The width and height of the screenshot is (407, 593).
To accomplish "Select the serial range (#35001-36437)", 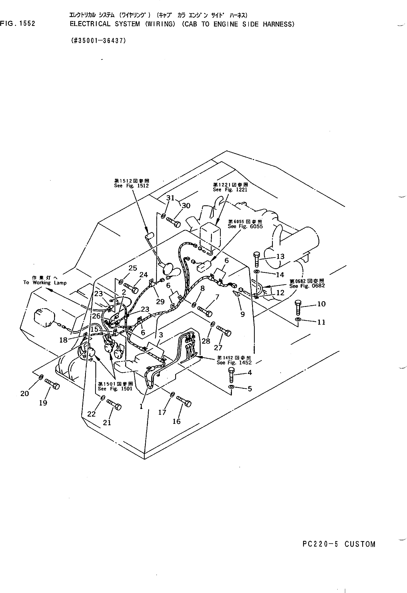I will tap(98, 41).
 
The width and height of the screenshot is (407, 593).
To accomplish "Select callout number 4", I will tap(250, 373).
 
